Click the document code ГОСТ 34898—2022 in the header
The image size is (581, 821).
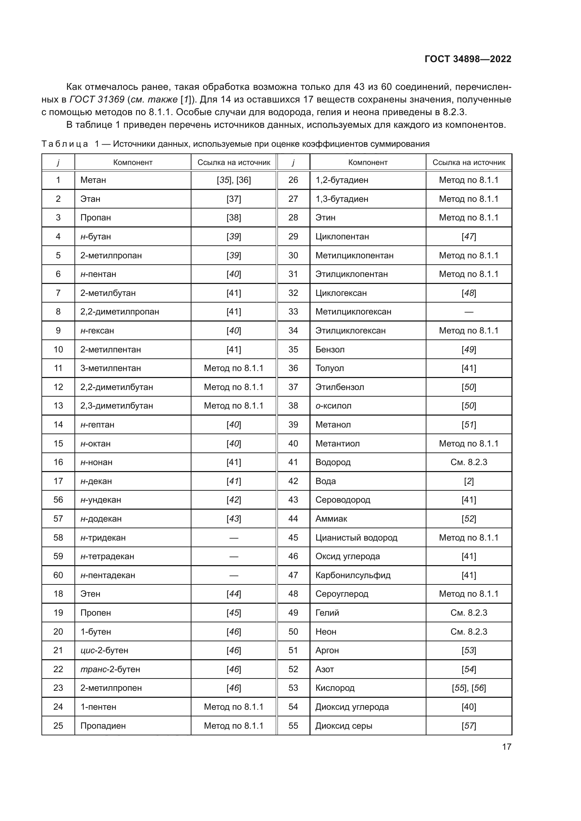click(468, 59)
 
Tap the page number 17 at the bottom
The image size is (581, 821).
click(507, 747)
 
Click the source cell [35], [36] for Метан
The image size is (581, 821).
click(234, 180)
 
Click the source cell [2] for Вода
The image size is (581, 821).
click(469, 481)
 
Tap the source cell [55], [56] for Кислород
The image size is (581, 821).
click(469, 688)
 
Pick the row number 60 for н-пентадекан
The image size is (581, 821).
click(58, 575)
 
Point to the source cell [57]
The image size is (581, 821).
click(469, 726)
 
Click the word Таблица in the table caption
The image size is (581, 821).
click(65, 144)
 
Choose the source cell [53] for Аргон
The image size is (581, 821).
click(469, 650)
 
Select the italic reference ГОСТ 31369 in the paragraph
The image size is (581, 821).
click(97, 99)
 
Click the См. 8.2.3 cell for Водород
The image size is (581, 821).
click(469, 462)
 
